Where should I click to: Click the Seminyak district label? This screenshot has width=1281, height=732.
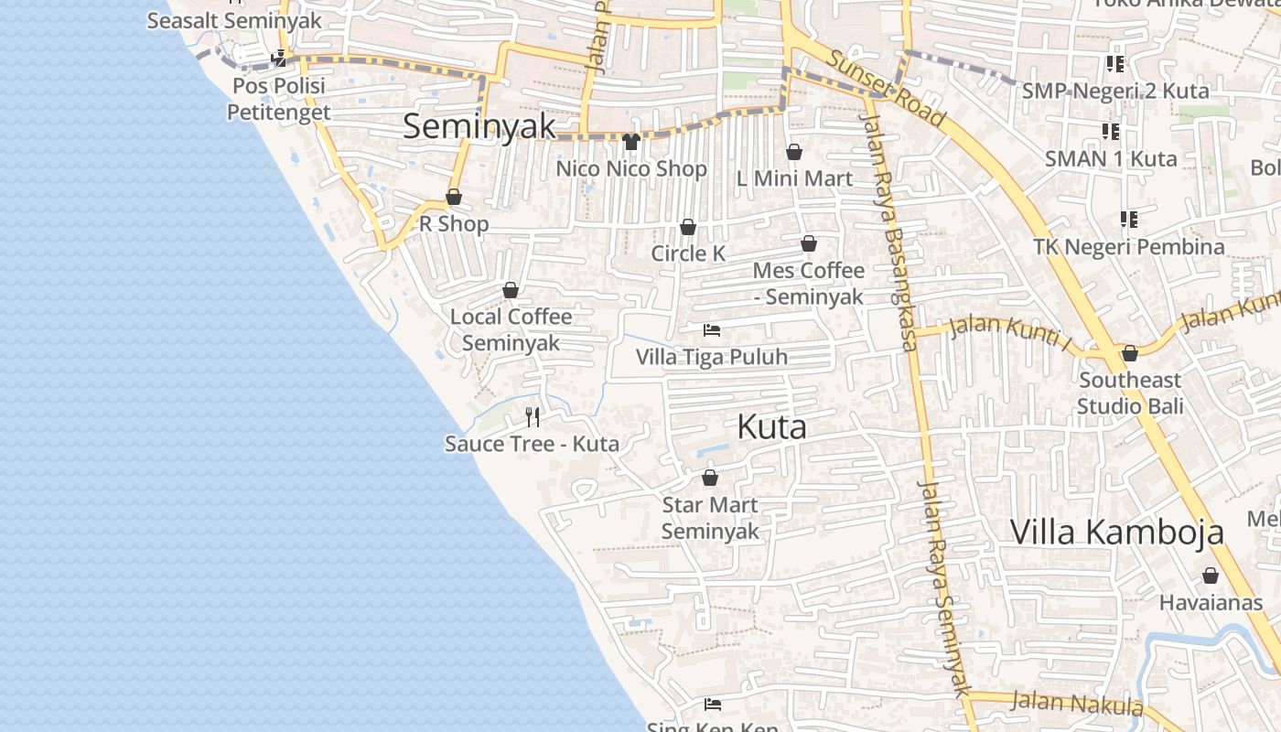pyautogui.click(x=479, y=126)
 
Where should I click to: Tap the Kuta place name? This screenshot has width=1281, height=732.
pyautogui.click(x=771, y=426)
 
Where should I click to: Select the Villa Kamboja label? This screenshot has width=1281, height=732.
pyautogui.click(x=1116, y=532)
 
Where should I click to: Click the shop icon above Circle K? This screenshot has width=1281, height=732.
pyautogui.click(x=688, y=227)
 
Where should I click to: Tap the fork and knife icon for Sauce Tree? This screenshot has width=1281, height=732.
pyautogui.click(x=533, y=417)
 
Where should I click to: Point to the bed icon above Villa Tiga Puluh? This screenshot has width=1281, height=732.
pyautogui.click(x=712, y=330)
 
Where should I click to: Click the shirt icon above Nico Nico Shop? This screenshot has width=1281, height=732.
pyautogui.click(x=630, y=142)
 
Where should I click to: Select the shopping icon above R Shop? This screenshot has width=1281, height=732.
pyautogui.click(x=454, y=197)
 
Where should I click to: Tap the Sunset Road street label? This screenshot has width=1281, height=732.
pyautogui.click(x=886, y=88)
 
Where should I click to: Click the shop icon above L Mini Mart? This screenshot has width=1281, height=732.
pyautogui.click(x=794, y=152)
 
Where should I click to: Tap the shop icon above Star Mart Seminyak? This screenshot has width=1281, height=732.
pyautogui.click(x=710, y=478)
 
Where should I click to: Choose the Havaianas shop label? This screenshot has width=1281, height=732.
pyautogui.click(x=1211, y=603)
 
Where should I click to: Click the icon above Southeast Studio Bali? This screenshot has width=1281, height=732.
pyautogui.click(x=1130, y=353)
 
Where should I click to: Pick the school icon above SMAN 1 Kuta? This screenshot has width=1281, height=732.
pyautogui.click(x=1111, y=132)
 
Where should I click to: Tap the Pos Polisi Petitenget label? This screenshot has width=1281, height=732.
pyautogui.click(x=277, y=99)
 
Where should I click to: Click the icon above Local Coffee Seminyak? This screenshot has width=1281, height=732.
pyautogui.click(x=511, y=290)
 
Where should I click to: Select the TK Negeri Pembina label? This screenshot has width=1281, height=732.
pyautogui.click(x=1128, y=247)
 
